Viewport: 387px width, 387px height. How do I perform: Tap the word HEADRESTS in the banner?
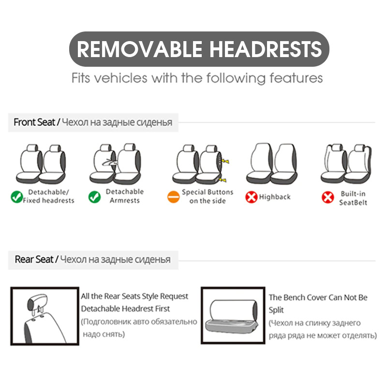266,49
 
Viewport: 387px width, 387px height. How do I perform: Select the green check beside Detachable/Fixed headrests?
17,197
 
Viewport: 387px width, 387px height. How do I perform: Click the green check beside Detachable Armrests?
94,197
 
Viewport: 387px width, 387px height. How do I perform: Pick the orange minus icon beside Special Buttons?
174,197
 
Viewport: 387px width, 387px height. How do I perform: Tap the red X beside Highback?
251,197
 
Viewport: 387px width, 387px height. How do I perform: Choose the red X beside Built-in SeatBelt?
328,197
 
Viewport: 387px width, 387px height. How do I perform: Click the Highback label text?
275,197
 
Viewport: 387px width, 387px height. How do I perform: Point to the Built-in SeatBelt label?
353,198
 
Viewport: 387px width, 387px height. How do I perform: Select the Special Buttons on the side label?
208,196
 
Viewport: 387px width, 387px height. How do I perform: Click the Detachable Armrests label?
125,196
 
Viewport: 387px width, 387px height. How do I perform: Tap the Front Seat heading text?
34,122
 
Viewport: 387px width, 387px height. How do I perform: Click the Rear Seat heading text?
34,259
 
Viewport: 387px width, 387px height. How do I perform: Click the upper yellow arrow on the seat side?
225,162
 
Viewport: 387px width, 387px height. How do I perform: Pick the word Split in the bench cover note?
276,310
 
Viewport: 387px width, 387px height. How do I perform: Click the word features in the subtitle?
296,78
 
